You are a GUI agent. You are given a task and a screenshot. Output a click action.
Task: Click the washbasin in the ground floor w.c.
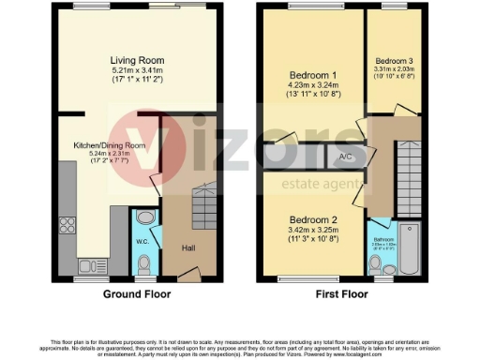pos(142,217)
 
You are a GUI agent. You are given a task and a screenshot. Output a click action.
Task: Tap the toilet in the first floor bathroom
pos(376,269)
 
